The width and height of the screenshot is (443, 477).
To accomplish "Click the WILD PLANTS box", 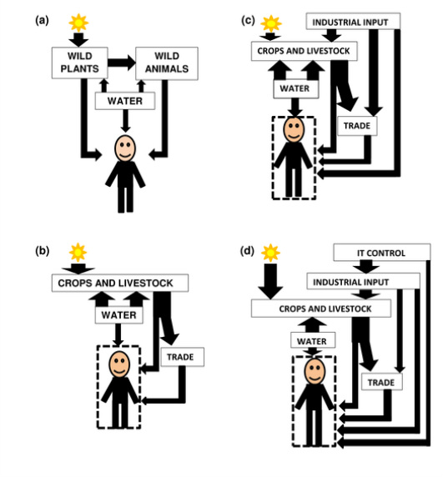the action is (80, 63).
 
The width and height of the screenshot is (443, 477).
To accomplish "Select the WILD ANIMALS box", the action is (167, 63).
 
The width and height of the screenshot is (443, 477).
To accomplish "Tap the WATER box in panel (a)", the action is (125, 101).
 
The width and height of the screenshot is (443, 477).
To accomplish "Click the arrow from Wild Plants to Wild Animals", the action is (122, 63).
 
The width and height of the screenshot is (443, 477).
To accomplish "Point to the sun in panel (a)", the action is (78, 23).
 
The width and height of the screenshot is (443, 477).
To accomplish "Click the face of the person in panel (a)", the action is (125, 148).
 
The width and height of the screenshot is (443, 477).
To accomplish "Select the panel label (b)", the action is (43, 251).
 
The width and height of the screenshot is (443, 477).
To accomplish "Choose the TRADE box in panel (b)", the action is (182, 357).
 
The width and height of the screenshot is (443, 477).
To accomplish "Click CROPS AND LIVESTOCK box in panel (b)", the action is (120, 284).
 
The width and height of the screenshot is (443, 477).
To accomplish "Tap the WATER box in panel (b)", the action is (118, 315).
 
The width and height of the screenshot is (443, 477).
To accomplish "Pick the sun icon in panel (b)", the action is (78, 253).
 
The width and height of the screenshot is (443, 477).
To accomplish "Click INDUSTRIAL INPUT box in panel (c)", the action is (353, 22).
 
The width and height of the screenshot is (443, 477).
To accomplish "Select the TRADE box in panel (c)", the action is (358, 126).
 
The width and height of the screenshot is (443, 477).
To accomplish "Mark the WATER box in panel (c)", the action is (296, 89).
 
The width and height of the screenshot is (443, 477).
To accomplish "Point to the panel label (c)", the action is (248, 21).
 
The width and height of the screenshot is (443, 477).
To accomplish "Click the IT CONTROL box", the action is (382, 253).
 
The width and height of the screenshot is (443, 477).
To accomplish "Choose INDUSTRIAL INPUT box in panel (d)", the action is (363, 281).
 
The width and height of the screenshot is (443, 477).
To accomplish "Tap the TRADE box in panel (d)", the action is (382, 382).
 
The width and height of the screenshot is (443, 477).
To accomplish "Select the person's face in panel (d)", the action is (315, 372).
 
